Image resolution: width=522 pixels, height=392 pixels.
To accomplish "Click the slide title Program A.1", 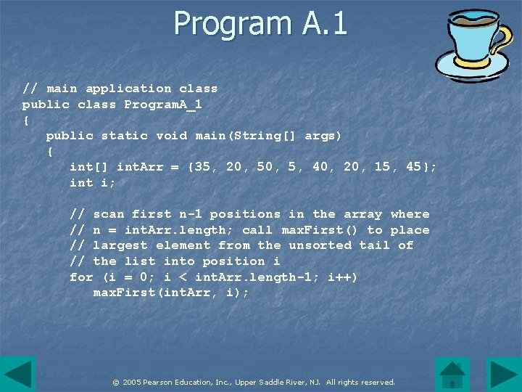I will [x=260, y=23].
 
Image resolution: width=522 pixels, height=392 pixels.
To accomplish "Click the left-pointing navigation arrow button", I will [x=17, y=375].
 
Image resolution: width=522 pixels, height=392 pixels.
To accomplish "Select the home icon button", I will [x=452, y=375].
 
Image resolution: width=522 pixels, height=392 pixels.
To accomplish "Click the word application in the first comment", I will [x=128, y=89].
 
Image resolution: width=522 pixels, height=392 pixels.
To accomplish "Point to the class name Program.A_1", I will [x=163, y=105].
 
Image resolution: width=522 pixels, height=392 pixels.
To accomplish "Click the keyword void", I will [x=171, y=136].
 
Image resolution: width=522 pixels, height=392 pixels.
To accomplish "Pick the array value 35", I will [x=202, y=167].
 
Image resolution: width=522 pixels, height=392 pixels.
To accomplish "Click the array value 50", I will [x=265, y=167].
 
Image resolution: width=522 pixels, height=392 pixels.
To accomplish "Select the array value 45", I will [x=414, y=167].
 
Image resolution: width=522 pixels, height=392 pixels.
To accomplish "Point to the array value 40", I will [x=320, y=167].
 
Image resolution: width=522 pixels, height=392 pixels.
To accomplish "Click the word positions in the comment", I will [x=245, y=214].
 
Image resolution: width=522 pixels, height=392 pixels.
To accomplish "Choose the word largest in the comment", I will [x=120, y=245].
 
